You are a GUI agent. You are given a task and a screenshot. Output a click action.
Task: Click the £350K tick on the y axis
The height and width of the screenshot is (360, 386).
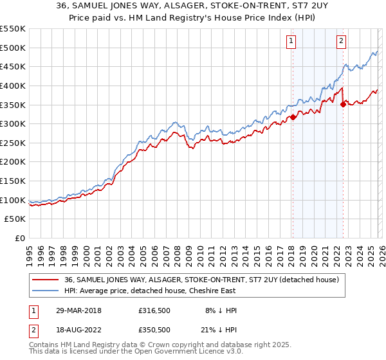13,105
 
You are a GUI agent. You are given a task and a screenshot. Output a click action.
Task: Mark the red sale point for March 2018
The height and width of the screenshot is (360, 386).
293,117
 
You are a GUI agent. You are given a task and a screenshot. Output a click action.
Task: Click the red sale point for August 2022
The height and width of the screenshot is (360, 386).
343,104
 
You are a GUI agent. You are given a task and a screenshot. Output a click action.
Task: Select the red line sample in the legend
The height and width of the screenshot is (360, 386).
46,280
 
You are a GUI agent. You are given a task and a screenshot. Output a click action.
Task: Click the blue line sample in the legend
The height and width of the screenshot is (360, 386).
46,291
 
